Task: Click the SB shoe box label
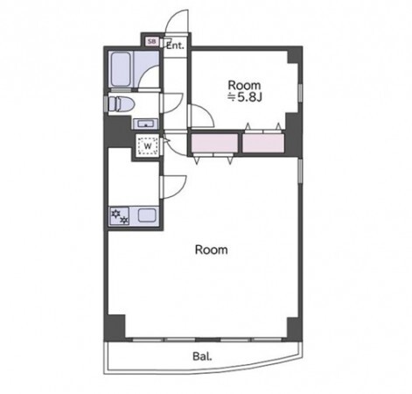tap(151, 41)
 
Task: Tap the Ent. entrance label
tap(176, 46)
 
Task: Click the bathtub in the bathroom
tap(121, 69)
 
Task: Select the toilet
tap(121, 104)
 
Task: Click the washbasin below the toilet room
tap(146, 123)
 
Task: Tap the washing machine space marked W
tap(148, 145)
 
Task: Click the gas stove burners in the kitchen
tap(120, 216)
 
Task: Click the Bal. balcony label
tap(202, 356)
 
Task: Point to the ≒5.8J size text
tap(245, 97)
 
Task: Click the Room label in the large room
tap(211, 250)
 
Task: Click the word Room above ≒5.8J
tap(244, 85)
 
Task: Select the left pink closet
tap(214, 143)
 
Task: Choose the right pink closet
tap(263, 143)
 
